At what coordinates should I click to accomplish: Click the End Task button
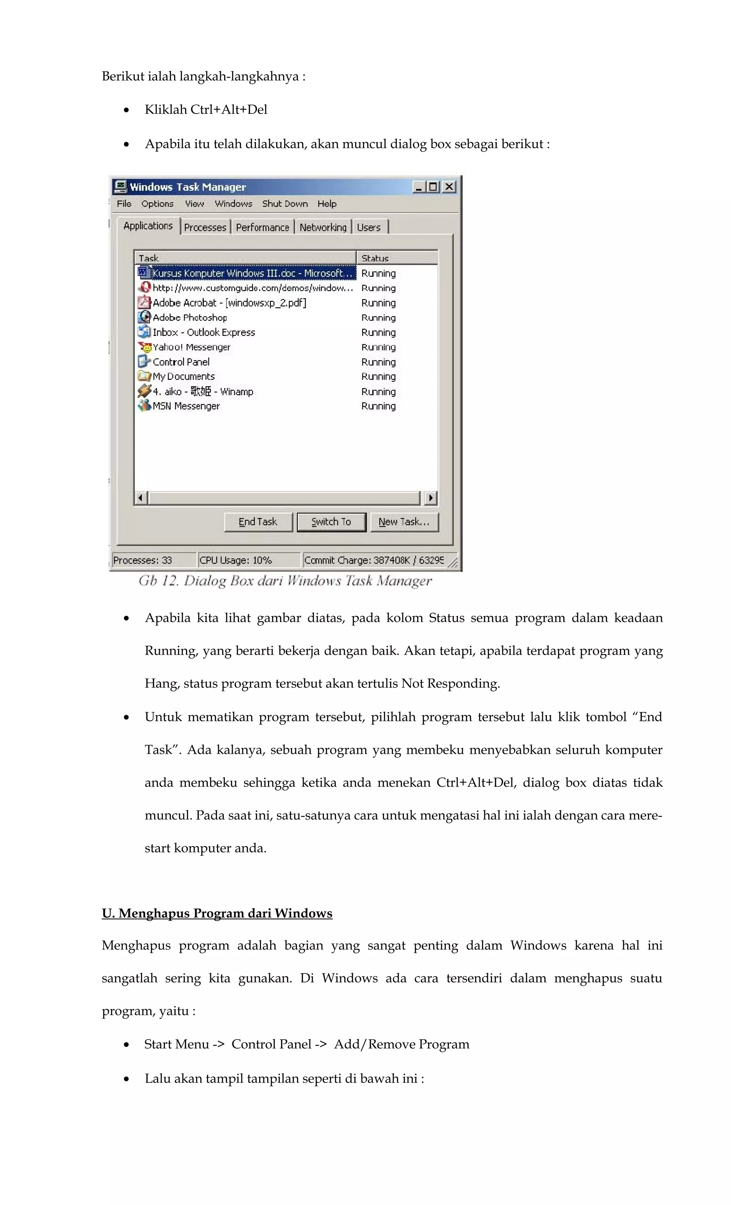(258, 522)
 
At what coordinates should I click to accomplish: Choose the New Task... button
(404, 522)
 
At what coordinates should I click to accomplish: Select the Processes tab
(205, 228)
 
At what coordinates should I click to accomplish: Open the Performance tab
(262, 228)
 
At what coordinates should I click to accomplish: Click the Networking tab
(323, 228)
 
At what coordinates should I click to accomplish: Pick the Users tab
(369, 228)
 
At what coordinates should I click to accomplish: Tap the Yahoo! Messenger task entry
(192, 347)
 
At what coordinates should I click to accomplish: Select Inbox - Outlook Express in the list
(204, 333)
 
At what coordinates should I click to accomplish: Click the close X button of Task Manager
(449, 187)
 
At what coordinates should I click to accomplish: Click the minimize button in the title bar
(419, 187)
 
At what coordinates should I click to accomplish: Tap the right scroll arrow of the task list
(430, 498)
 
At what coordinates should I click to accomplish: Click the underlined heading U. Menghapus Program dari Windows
(217, 913)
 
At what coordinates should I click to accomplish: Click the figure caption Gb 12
(285, 581)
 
